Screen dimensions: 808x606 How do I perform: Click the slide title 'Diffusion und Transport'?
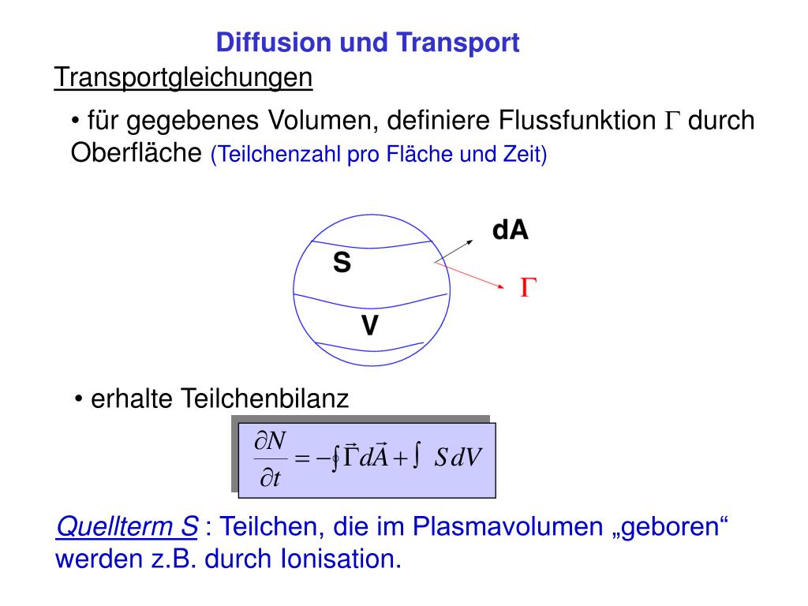(x=368, y=42)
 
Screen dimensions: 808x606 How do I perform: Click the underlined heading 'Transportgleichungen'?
(x=183, y=77)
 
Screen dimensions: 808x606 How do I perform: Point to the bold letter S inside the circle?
(x=342, y=262)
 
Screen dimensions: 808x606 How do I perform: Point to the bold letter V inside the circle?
(x=368, y=325)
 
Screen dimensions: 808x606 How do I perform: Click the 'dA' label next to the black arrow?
(x=511, y=230)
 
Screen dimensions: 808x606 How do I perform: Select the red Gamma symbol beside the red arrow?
(x=527, y=288)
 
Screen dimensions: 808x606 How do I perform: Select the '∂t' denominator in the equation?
(x=271, y=478)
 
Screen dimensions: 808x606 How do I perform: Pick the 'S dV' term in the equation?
(x=458, y=458)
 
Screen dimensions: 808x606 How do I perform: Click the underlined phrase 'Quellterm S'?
(x=126, y=526)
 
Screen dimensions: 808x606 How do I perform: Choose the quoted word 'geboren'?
(x=670, y=526)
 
